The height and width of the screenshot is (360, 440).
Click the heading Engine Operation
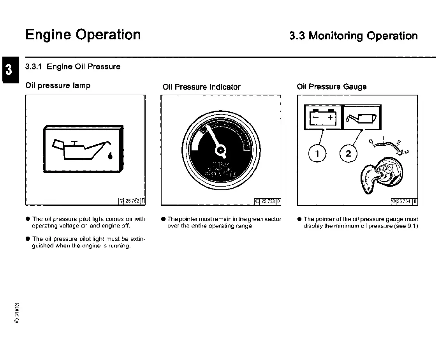tap(83, 35)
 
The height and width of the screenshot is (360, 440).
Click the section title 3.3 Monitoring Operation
tap(353, 36)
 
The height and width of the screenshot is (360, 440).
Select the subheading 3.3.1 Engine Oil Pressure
tap(73, 67)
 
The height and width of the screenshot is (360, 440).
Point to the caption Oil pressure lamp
tap(58, 85)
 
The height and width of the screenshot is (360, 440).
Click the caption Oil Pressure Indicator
tap(201, 87)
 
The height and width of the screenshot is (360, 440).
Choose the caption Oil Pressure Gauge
tap(331, 86)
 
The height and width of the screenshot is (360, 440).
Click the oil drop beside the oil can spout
tap(111, 156)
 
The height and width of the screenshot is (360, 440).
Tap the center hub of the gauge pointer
tap(221, 149)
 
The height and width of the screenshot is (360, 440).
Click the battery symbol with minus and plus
tap(323, 117)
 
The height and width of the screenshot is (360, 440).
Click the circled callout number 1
tap(317, 154)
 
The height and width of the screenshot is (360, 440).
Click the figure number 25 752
tap(131, 201)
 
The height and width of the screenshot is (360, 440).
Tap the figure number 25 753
tap(268, 201)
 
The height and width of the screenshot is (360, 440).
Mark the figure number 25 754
tap(404, 201)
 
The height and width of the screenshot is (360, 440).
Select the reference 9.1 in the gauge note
tap(412, 226)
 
